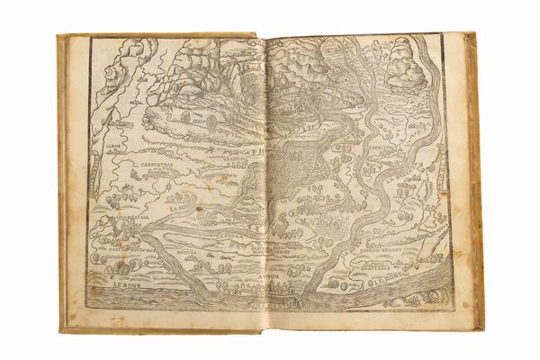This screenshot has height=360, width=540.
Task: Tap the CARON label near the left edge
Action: pos(112,145)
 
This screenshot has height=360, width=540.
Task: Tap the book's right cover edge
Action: pos(474,180)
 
